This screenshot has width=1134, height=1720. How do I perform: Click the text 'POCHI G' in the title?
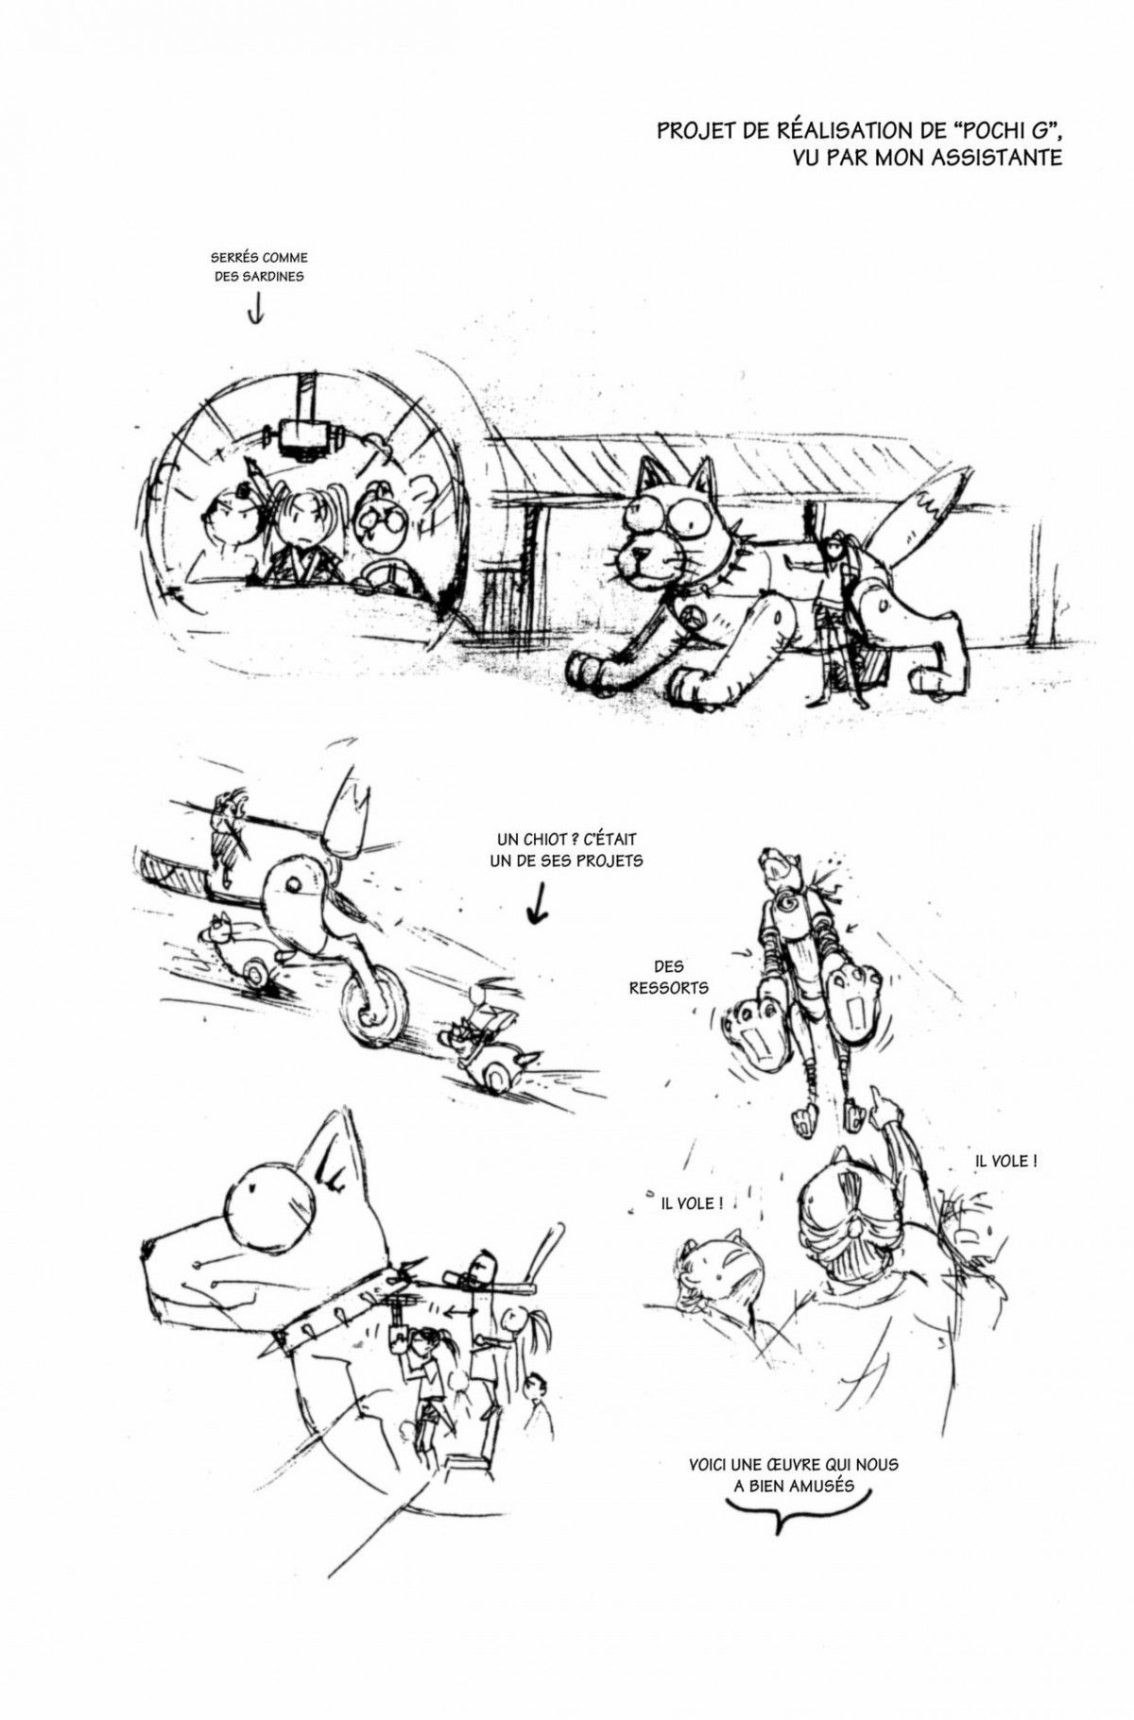994,131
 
